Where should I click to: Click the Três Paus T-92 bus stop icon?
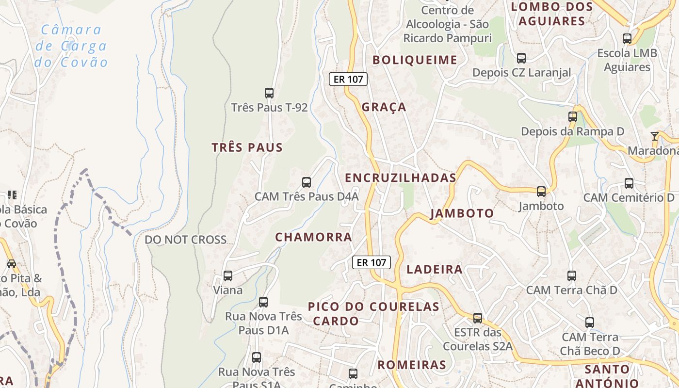[x=269, y=93]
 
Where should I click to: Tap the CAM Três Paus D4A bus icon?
[x=307, y=182]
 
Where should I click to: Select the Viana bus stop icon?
[x=228, y=276]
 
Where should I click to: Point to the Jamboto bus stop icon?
[x=541, y=192]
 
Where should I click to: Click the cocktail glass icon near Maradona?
[x=655, y=136]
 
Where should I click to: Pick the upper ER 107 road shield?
[x=348, y=79]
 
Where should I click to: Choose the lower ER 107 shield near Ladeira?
[x=372, y=262]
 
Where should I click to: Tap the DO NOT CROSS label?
[x=186, y=240]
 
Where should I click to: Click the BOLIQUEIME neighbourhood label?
[x=415, y=60]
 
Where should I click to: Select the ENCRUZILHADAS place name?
[x=401, y=178]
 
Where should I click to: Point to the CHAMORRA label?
[x=313, y=237]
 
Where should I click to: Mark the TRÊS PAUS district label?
[x=247, y=147]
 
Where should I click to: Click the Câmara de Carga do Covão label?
[x=71, y=46]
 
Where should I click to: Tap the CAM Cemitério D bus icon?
[x=629, y=183]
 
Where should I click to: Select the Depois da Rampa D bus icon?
[x=573, y=117]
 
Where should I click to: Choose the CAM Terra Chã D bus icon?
[x=572, y=276]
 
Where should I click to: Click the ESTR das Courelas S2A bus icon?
[x=478, y=318]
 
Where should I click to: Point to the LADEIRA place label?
[x=435, y=270]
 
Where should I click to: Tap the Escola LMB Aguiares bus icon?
[x=627, y=39]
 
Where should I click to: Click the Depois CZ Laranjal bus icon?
[x=521, y=58]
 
